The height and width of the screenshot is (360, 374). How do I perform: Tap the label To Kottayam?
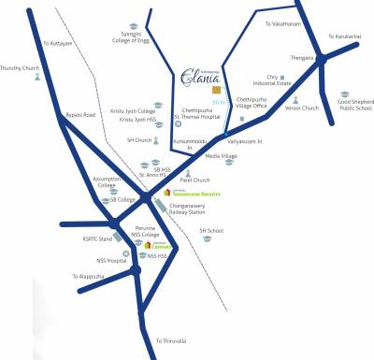(x=57, y=44)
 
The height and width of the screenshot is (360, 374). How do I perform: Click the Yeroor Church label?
(x=302, y=108)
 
